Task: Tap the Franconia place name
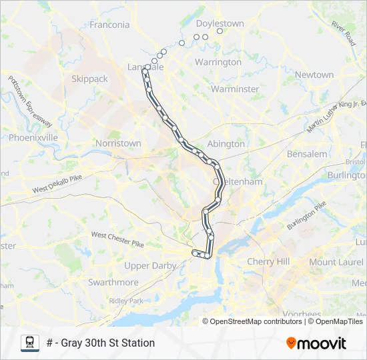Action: click(x=109, y=25)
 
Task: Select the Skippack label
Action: click(x=89, y=79)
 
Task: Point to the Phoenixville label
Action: click(x=33, y=137)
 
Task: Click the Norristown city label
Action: click(x=118, y=143)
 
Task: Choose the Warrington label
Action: click(x=218, y=62)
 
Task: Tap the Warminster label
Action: click(x=234, y=89)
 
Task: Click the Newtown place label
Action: click(x=314, y=75)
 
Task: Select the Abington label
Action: click(x=226, y=143)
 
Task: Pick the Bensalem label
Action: click(x=307, y=154)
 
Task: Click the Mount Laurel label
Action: click(x=336, y=262)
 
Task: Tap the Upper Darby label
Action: click(x=150, y=265)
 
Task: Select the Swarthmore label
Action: click(x=113, y=283)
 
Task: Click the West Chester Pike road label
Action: click(x=117, y=239)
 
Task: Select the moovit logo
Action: click(x=316, y=343)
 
